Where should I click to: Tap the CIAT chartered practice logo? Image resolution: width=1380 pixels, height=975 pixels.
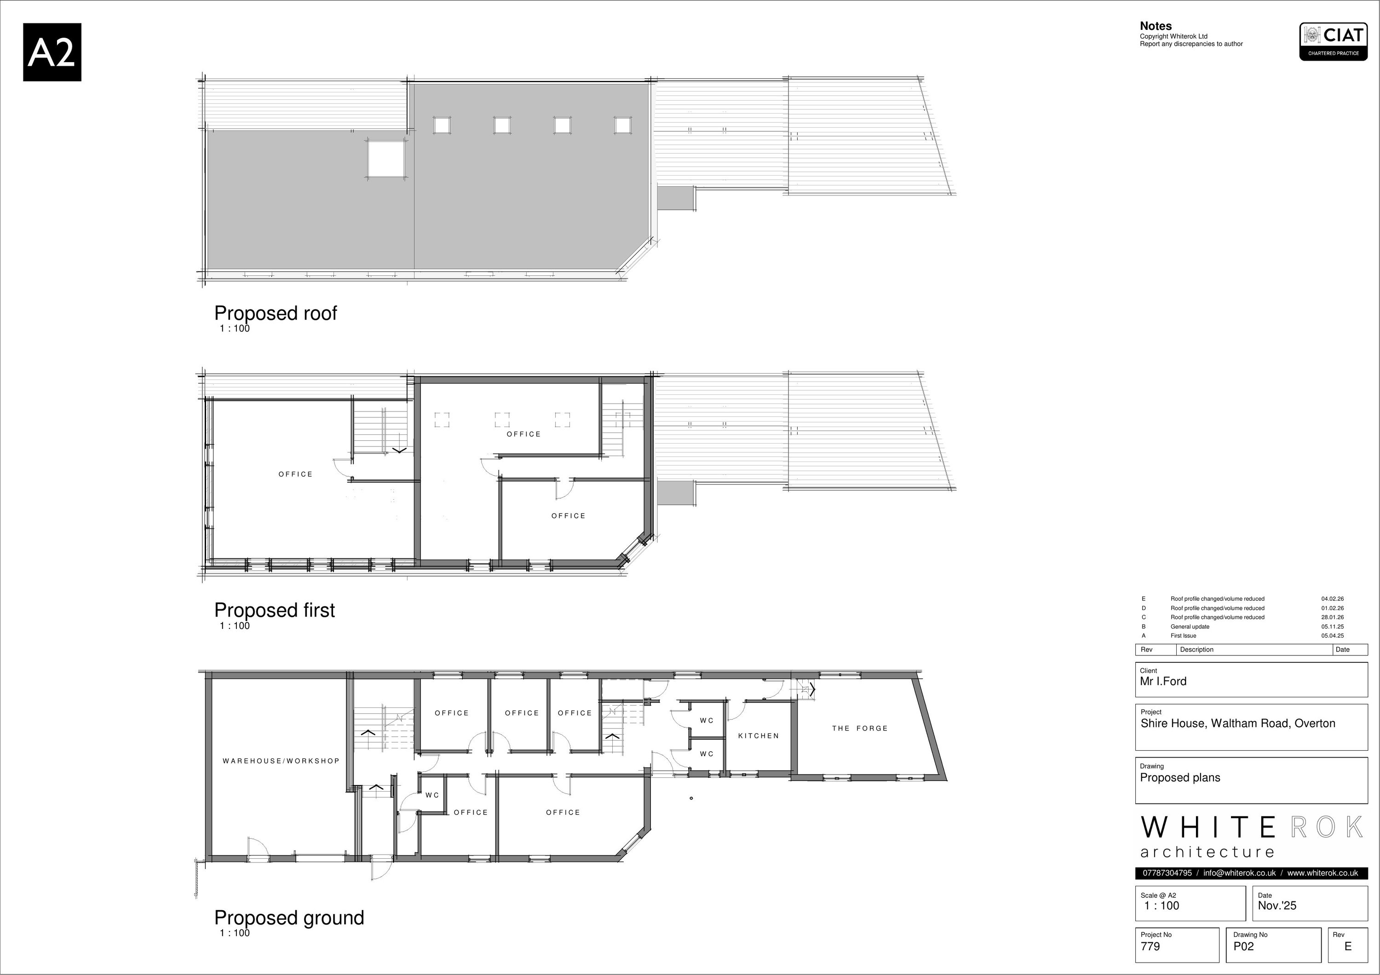(x=1333, y=41)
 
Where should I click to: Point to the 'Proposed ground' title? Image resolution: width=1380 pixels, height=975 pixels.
(x=289, y=918)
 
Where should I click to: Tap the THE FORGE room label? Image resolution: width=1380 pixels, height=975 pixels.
(x=859, y=728)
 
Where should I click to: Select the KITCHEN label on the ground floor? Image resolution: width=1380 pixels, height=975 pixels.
(x=758, y=736)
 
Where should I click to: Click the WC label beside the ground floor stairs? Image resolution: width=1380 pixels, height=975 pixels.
(x=432, y=795)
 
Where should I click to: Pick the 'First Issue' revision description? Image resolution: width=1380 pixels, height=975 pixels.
(x=1184, y=636)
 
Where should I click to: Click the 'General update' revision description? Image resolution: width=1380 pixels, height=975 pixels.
(x=1190, y=627)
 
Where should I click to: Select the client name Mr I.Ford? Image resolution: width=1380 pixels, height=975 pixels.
(x=1163, y=681)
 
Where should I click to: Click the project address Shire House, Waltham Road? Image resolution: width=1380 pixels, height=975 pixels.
(x=1237, y=723)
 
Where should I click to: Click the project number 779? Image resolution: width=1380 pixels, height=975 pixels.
(x=1150, y=946)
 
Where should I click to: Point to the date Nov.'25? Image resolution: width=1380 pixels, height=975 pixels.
(x=1277, y=905)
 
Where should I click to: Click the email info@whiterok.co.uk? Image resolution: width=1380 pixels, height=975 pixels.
(x=1239, y=873)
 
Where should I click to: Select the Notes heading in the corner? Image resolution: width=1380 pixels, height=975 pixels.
(x=1155, y=26)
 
